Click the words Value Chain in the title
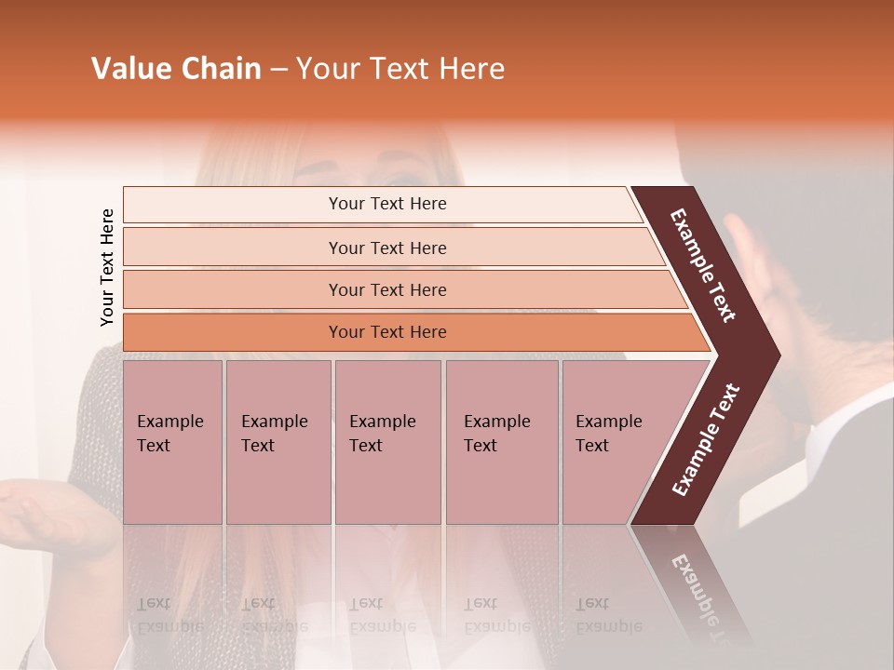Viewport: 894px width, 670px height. pyautogui.click(x=176, y=69)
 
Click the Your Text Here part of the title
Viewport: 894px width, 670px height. pyautogui.click(x=400, y=69)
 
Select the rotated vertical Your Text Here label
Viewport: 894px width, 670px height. pyautogui.click(x=107, y=267)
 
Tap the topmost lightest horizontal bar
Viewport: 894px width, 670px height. pyautogui.click(x=386, y=204)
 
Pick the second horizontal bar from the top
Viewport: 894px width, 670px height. pyautogui.click(x=386, y=248)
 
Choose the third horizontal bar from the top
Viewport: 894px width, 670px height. pyautogui.click(x=386, y=290)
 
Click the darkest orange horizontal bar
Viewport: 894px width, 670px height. pyautogui.click(x=386, y=332)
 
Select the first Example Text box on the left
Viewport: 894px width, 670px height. pyautogui.click(x=172, y=442)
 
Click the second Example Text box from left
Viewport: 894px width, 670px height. pyautogui.click(x=278, y=442)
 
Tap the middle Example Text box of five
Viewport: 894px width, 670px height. pyautogui.click(x=387, y=442)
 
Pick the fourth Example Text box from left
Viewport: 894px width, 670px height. pyautogui.click(x=501, y=442)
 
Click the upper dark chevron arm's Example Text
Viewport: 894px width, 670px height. pyautogui.click(x=703, y=265)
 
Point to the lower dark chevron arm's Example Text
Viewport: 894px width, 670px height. pyautogui.click(x=705, y=440)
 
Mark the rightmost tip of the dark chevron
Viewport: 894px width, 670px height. pyautogui.click(x=778, y=355)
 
